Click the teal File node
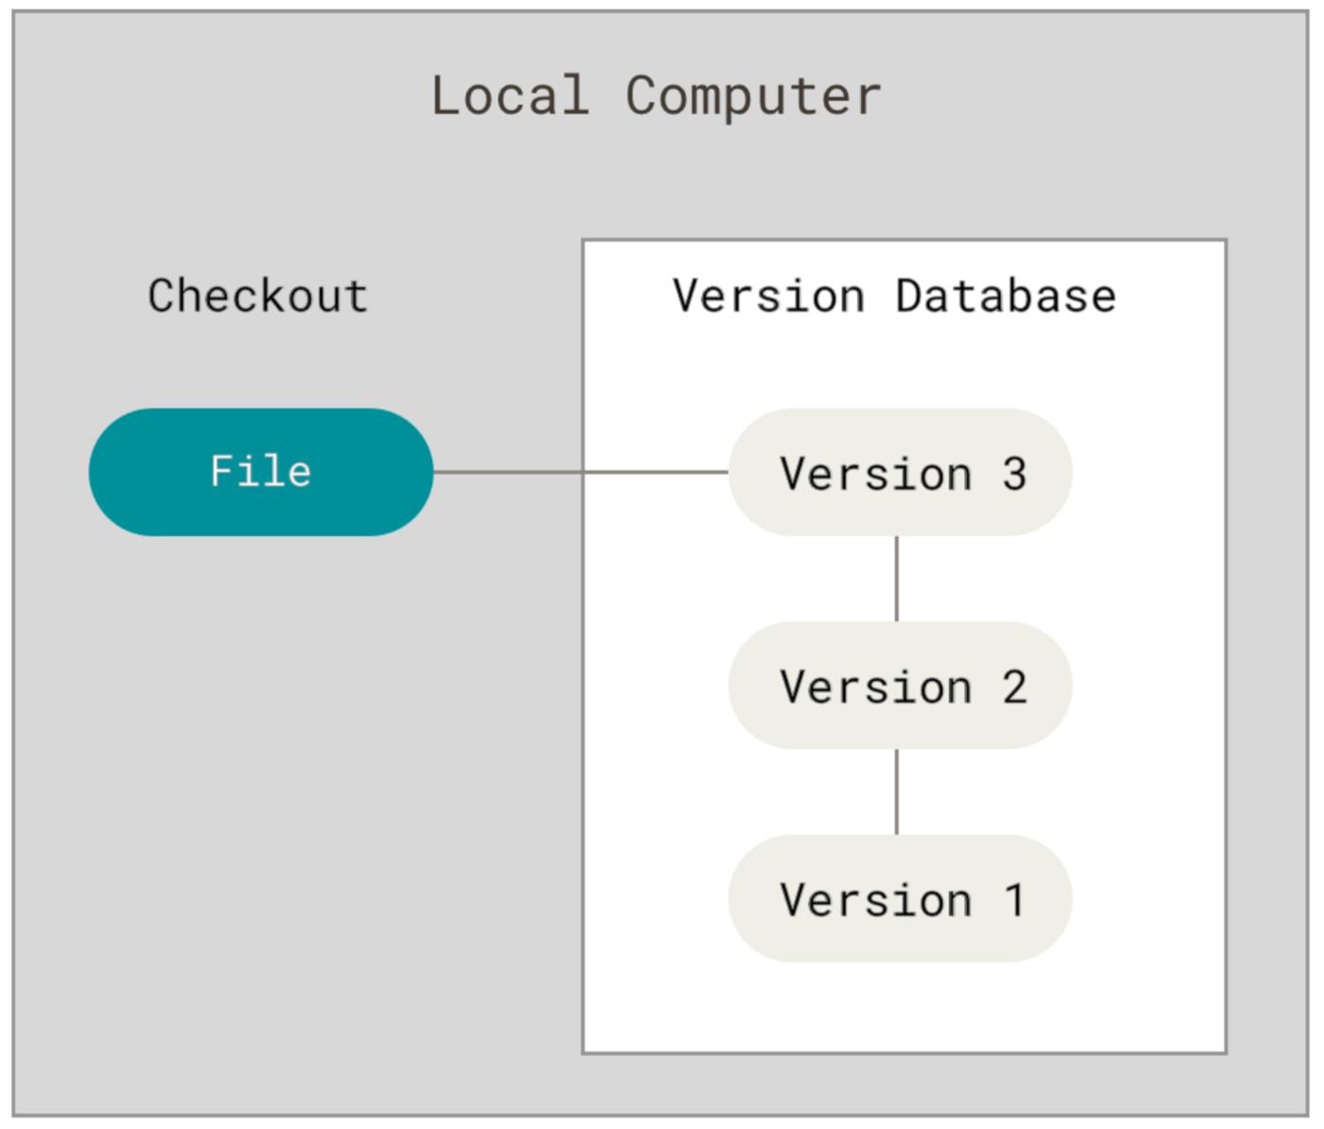point(261,473)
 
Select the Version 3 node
point(901,473)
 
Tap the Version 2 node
point(901,686)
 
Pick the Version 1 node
point(901,898)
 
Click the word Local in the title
point(510,96)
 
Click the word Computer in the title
point(753,98)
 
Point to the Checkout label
point(259,296)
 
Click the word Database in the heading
point(1006,296)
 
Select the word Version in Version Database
point(768,296)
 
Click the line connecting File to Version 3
point(581,473)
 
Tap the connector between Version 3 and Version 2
point(897,579)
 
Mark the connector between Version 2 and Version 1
point(897,792)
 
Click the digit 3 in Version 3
point(1014,474)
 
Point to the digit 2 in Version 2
point(1014,687)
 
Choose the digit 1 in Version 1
point(1014,900)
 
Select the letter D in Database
point(909,296)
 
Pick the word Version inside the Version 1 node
point(876,900)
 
